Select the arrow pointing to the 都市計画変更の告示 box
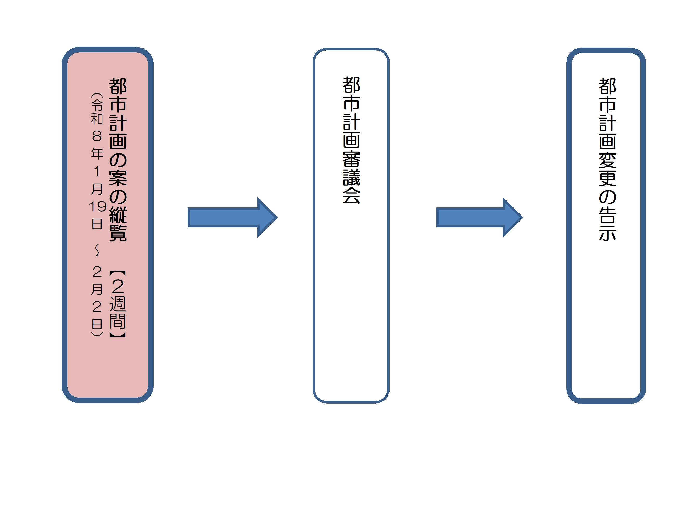[479, 218]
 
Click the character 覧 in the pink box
[118, 233]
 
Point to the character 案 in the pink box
[118, 178]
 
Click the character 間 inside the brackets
[118, 321]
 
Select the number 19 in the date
[97, 206]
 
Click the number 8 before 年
[97, 136]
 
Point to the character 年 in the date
[97, 153]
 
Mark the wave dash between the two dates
[97, 251]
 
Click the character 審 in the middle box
[352, 159]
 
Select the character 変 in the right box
[607, 160]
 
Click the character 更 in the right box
[607, 178]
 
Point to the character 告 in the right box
[607, 214]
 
